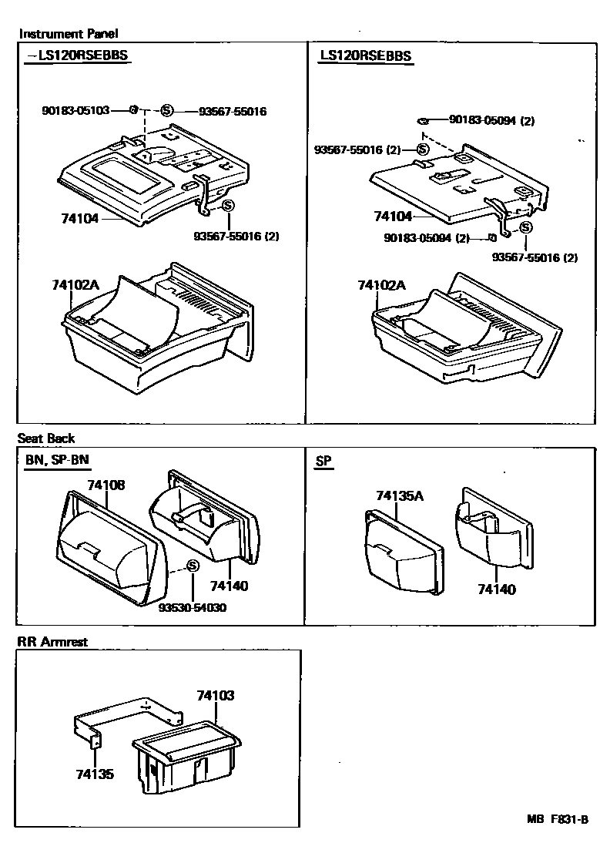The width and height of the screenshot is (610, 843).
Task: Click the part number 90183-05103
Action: coord(75,111)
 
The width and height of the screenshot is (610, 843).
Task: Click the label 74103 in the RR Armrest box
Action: coord(215,695)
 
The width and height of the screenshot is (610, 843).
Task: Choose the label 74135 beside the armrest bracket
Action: coord(95,774)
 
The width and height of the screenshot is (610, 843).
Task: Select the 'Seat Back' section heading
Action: coord(46,438)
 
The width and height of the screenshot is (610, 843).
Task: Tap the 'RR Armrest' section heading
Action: coord(52,641)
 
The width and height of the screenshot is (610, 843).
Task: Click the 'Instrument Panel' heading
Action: coord(69,34)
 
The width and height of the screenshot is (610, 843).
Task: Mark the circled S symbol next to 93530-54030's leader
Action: coord(193,567)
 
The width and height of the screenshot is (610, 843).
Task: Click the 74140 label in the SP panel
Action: coord(496,589)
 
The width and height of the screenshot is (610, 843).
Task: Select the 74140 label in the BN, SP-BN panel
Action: coord(229,586)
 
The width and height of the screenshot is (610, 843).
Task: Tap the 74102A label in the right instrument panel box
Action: coord(380,285)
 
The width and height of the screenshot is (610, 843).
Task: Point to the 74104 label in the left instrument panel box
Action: coord(79,219)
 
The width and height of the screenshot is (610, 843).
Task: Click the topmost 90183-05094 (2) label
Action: coord(491,120)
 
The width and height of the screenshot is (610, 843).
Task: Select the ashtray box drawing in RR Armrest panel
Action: coord(186,759)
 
